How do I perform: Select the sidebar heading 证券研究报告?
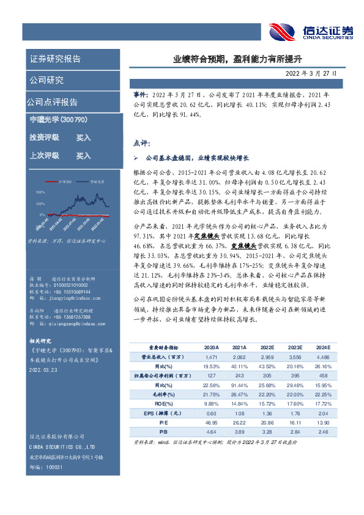pyautogui.click(x=55, y=59)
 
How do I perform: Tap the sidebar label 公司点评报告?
pyautogui.click(x=52, y=102)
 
